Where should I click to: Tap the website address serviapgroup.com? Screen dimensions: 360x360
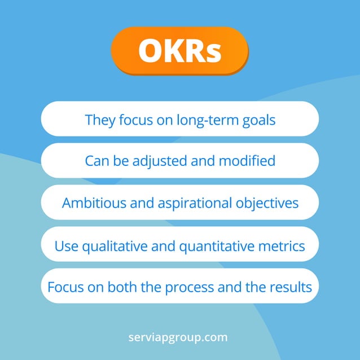178,337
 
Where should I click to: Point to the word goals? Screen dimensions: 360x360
259,120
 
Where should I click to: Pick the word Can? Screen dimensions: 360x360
96,161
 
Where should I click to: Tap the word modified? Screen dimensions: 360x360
248,161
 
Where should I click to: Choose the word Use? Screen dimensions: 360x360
65,246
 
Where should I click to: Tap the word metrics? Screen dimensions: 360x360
285,246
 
